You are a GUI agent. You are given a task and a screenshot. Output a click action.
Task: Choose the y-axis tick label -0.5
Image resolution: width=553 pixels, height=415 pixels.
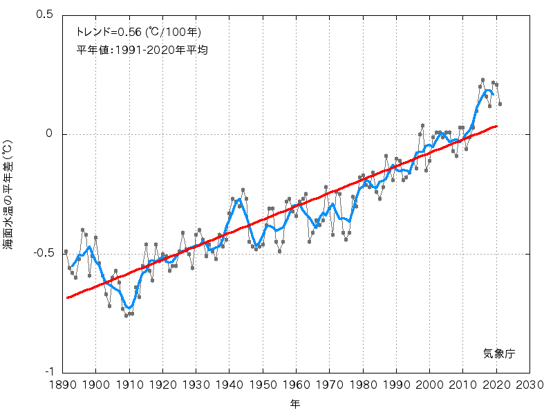[43, 254]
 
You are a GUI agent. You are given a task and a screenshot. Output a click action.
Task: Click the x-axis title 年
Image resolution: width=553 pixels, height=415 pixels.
[296, 403]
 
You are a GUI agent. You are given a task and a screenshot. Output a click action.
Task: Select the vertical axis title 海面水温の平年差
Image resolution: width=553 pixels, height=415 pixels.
[9, 194]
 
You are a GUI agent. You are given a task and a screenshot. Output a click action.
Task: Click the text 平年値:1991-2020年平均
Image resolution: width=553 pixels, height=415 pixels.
[142, 50]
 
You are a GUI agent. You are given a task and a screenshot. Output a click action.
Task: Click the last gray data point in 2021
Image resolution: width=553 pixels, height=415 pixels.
[500, 104]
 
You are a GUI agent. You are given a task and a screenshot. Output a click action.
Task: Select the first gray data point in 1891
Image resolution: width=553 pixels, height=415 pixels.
[66, 252]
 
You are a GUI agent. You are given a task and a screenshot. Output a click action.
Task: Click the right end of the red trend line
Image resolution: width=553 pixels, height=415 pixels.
[496, 126]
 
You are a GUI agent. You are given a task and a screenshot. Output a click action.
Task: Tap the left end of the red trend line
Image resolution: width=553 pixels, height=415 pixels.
[67, 297]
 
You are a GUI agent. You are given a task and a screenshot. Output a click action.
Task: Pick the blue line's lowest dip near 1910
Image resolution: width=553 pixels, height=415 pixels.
[129, 307]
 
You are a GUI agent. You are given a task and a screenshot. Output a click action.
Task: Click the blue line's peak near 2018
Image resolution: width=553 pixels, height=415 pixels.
[488, 91]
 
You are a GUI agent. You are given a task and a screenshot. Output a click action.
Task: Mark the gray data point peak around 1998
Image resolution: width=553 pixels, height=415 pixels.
[422, 126]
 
